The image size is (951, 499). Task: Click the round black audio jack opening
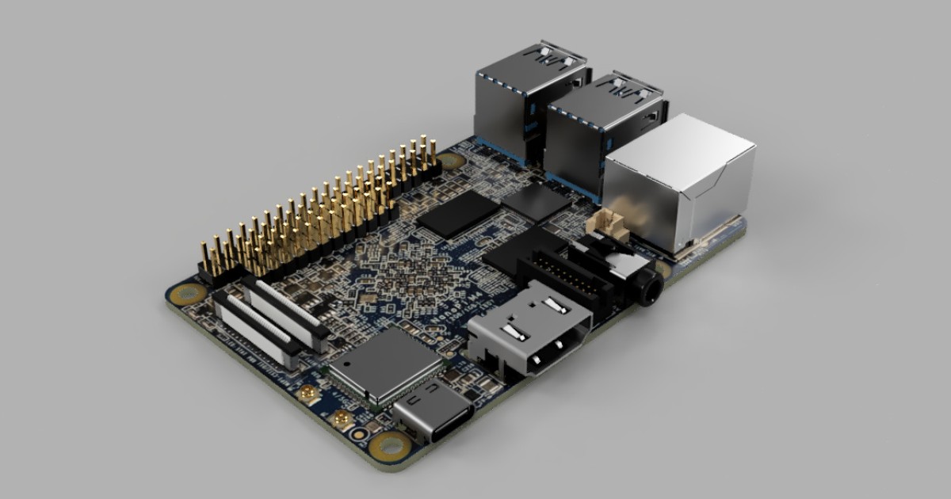point(652,288)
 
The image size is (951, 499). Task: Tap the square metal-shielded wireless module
point(385,364)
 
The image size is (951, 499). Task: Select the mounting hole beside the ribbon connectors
point(189,295)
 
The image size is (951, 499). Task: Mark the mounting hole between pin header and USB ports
point(451,161)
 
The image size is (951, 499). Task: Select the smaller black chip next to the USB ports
point(536,201)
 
